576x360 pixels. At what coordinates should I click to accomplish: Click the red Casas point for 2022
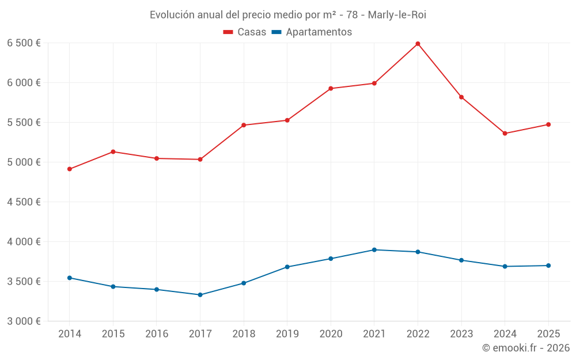point(418,44)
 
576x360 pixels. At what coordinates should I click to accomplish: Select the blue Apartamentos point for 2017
point(200,295)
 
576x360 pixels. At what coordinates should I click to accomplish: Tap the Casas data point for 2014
point(70,169)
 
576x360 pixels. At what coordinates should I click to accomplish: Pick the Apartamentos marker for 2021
point(374,250)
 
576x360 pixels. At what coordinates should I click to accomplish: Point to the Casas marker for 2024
point(505,134)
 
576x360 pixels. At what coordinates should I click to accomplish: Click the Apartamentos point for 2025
point(548,266)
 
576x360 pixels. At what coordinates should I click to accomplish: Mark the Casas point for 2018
point(244,125)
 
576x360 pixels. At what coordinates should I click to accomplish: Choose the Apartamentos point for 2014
point(70,278)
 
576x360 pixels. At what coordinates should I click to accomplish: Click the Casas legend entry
point(245,32)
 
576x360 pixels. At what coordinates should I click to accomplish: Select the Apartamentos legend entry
point(312,32)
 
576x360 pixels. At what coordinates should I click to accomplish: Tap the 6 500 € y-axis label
point(24,43)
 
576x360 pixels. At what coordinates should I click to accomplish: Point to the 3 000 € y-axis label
point(24,321)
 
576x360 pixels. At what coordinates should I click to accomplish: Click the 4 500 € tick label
point(24,202)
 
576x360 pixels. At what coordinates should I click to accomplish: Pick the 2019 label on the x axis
point(287,334)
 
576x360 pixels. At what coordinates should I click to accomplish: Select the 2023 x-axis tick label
point(461,334)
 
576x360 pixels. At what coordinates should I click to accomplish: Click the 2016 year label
point(157,334)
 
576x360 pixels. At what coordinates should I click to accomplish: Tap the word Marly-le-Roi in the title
point(397,14)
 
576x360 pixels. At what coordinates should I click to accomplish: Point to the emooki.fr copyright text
point(526,348)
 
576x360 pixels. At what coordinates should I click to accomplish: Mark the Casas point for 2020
point(331,89)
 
